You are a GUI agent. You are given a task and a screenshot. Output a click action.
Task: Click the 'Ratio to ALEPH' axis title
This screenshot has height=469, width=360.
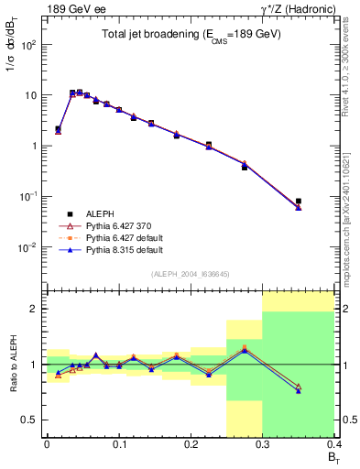coord(13,365)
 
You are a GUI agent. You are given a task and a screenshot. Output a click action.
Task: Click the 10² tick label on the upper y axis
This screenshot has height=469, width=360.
coord(28,44)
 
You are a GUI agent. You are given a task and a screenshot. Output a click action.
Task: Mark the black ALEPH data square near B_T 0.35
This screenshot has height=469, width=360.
coord(299,201)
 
